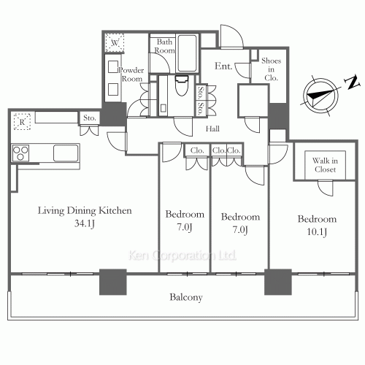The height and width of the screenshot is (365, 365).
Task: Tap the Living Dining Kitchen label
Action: point(85,211)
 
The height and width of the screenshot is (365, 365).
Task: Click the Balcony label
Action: point(185,297)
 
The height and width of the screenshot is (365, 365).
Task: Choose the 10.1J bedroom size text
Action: point(316,232)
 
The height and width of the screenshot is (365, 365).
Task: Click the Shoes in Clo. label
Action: point(272,69)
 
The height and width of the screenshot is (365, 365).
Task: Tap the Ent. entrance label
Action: point(223,66)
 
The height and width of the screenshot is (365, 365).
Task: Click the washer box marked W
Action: point(115,44)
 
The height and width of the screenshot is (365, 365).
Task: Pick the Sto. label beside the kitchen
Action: point(90,118)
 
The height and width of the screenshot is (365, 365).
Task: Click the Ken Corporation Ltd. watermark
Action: point(182,256)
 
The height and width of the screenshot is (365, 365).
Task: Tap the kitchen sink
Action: point(66,153)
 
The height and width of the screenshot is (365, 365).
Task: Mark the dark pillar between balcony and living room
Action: point(113,283)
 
